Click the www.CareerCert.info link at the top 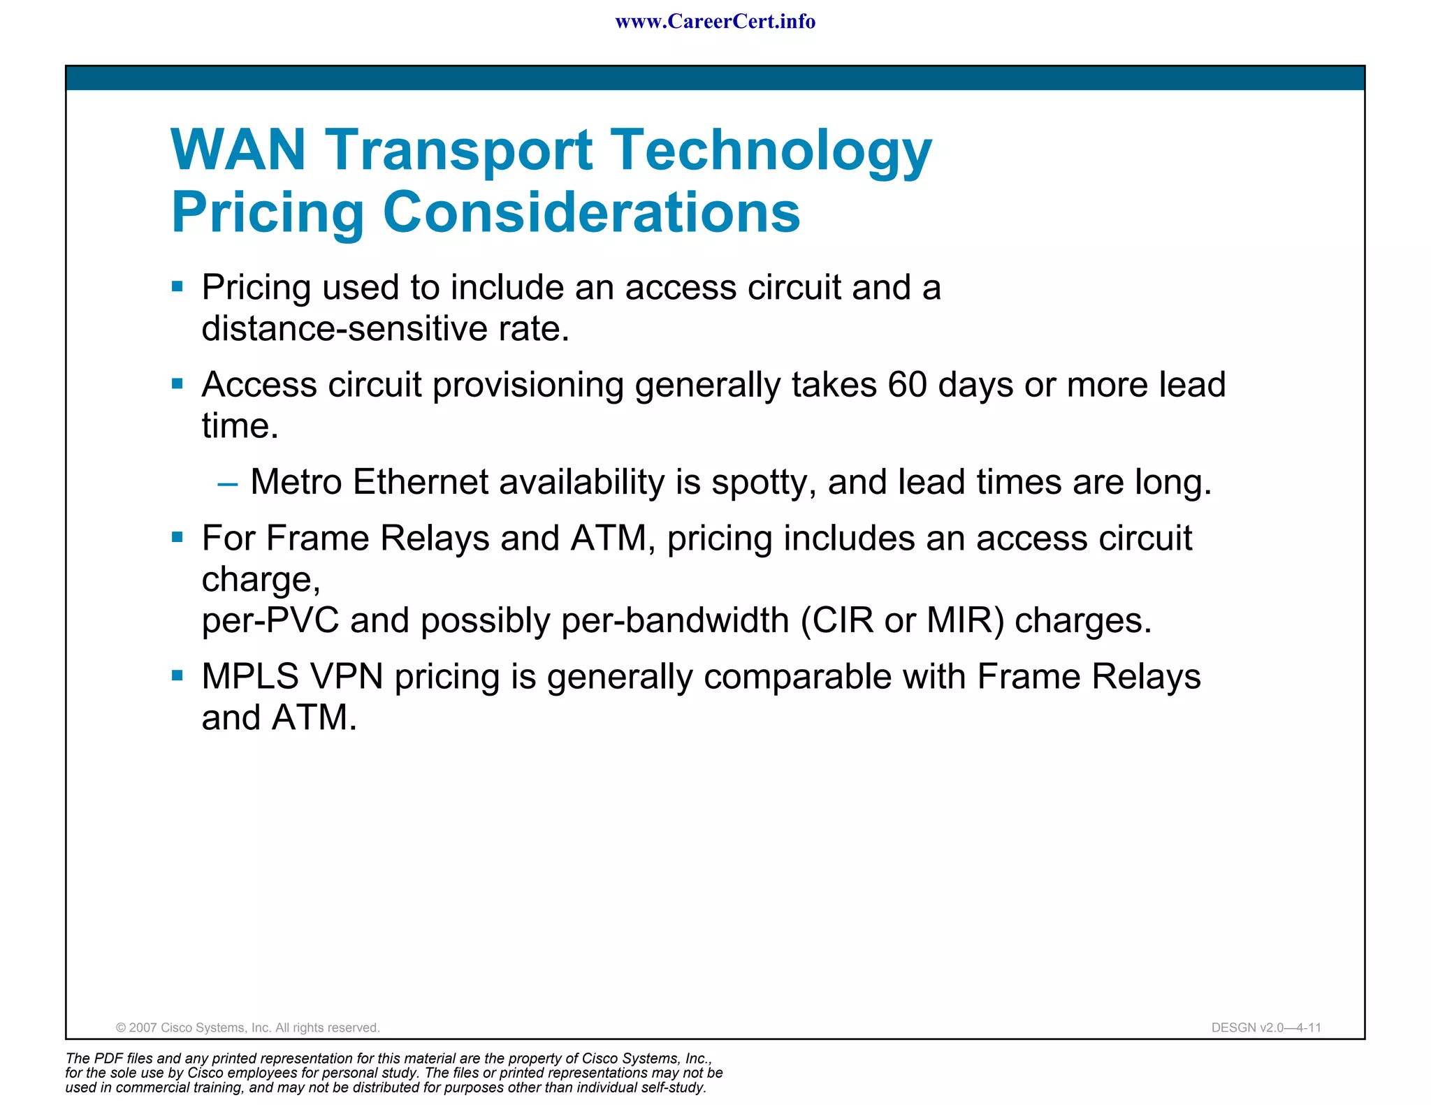pyautogui.click(x=715, y=22)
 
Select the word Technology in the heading pyautogui.click(x=771, y=151)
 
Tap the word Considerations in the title pyautogui.click(x=591, y=212)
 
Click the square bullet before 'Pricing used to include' pyautogui.click(x=177, y=286)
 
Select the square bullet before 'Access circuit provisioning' pyautogui.click(x=177, y=383)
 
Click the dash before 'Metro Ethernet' pyautogui.click(x=228, y=483)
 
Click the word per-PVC pyautogui.click(x=270, y=621)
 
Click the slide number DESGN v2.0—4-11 pyautogui.click(x=1266, y=1027)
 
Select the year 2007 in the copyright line pyautogui.click(x=143, y=1027)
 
